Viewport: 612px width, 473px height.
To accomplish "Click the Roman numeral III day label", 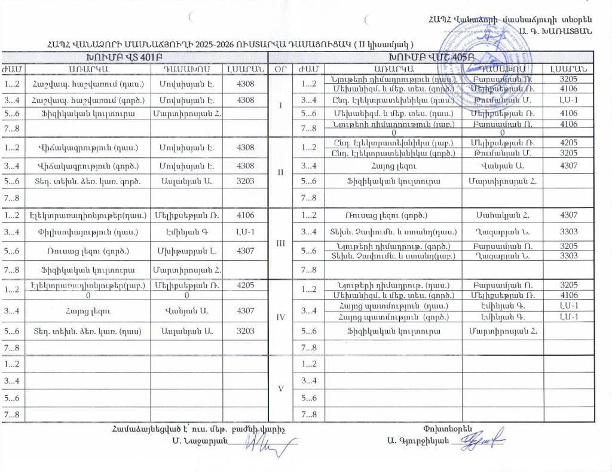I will tap(280, 243).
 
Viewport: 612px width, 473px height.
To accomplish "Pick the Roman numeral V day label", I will tap(280, 387).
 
